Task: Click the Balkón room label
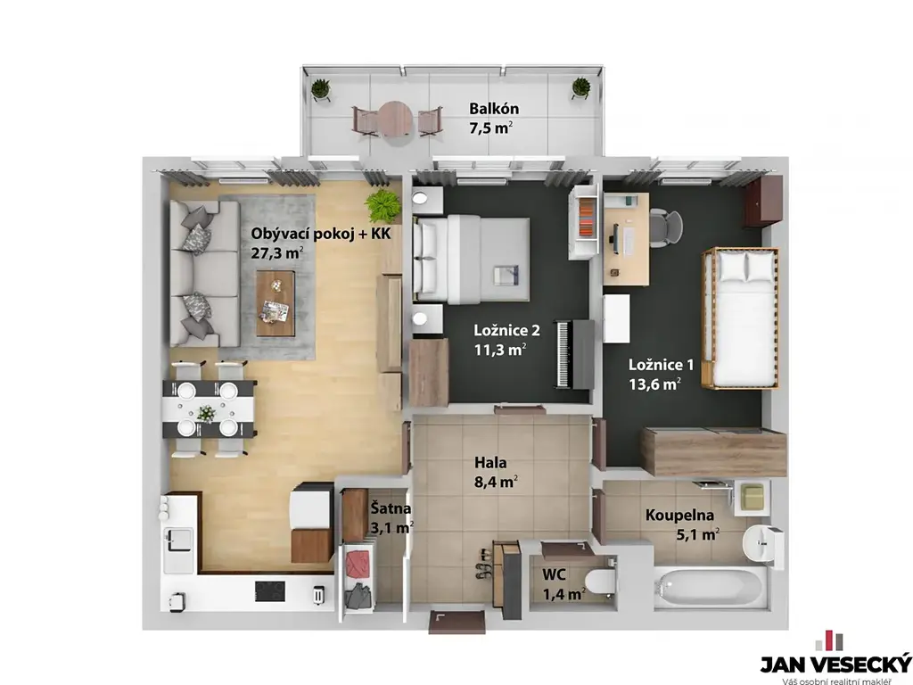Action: click(x=494, y=109)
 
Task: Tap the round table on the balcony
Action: click(x=396, y=120)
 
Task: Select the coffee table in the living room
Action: click(x=276, y=303)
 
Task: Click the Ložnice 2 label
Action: click(x=506, y=331)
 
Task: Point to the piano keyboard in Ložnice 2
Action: click(x=563, y=354)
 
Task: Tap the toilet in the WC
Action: click(x=600, y=582)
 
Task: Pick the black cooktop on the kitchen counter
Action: click(x=270, y=591)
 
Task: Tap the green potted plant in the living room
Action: click(x=383, y=206)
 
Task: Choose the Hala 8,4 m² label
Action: click(x=496, y=473)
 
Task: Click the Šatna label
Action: click(x=391, y=508)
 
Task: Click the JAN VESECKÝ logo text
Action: click(x=835, y=664)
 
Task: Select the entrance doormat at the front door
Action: click(x=457, y=622)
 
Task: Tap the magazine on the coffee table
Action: click(x=275, y=309)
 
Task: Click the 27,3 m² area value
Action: click(x=276, y=252)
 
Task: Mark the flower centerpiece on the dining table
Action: click(x=206, y=413)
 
